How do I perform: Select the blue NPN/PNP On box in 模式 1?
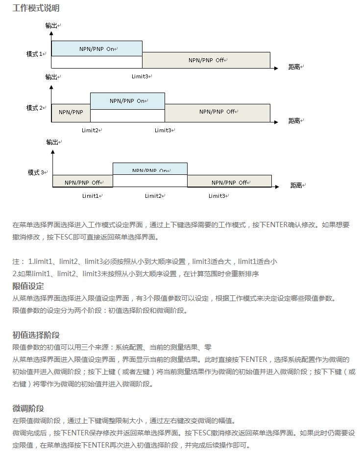click(96, 48)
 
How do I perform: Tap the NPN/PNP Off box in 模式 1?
click(206, 60)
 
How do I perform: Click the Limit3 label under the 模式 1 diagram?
click(142, 76)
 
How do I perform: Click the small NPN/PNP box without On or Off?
click(71, 112)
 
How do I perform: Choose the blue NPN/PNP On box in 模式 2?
click(127, 100)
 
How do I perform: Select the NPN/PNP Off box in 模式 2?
click(217, 112)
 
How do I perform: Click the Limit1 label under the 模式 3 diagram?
click(92, 196)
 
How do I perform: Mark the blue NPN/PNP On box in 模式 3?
click(150, 169)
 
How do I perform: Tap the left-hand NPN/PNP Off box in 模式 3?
click(82, 182)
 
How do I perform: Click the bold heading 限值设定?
click(28, 286)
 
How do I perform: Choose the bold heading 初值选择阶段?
click(36, 335)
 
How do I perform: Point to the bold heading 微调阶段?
click(28, 408)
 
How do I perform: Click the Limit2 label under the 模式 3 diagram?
click(154, 196)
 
